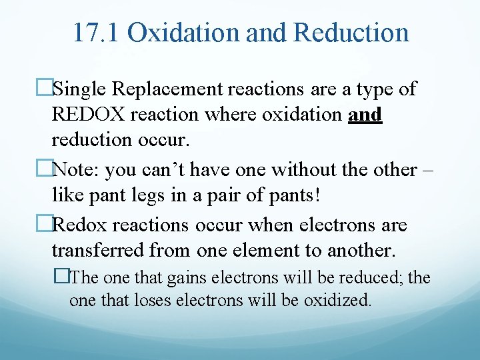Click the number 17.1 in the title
[95, 32]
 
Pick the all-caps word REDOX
[89, 115]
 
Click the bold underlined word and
[365, 115]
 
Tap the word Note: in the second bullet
[76, 169]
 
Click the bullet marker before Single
[44, 88]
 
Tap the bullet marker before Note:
[44, 169]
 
